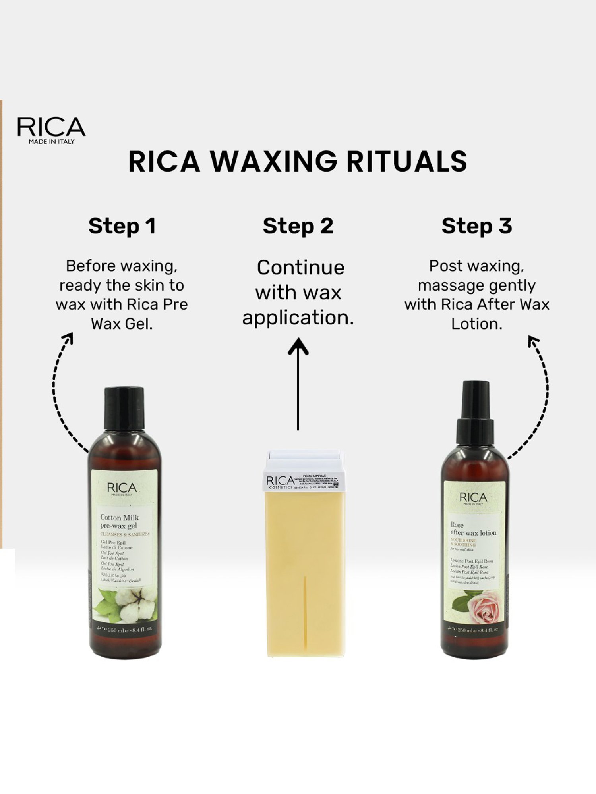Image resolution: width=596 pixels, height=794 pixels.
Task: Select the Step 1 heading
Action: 122,226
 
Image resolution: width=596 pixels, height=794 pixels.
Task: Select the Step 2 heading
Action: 298,226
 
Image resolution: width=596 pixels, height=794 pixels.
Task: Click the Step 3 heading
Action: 476,226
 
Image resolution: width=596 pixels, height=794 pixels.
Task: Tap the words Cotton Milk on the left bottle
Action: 119,517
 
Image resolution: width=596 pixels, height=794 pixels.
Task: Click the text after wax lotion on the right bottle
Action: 473,533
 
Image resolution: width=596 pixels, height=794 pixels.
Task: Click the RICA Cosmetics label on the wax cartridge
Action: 280,482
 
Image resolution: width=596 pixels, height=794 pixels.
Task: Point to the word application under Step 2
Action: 298,318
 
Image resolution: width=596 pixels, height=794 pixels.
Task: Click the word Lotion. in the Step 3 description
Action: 476,324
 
